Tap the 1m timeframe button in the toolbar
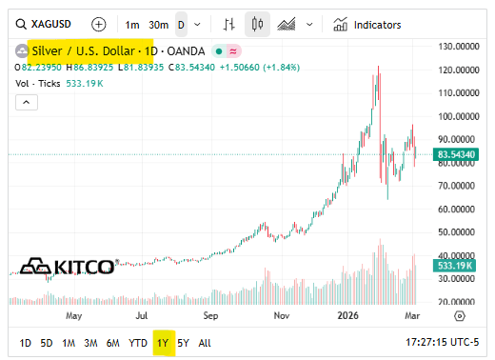(x=131, y=25)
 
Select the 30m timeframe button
(x=158, y=25)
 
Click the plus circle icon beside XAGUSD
(x=99, y=25)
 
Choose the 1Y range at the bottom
(x=163, y=343)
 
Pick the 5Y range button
(x=184, y=343)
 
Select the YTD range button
(x=138, y=343)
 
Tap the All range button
(x=205, y=343)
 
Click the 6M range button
(x=112, y=343)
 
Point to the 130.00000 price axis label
(x=457, y=46)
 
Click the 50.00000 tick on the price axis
(x=457, y=231)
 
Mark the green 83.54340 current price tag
(x=456, y=154)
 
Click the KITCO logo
(x=69, y=266)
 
